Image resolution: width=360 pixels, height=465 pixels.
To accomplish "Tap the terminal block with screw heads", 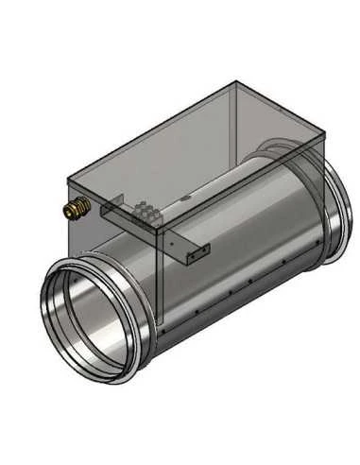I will coord(143,214).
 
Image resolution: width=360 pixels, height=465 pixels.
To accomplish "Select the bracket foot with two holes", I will coord(196,250).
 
